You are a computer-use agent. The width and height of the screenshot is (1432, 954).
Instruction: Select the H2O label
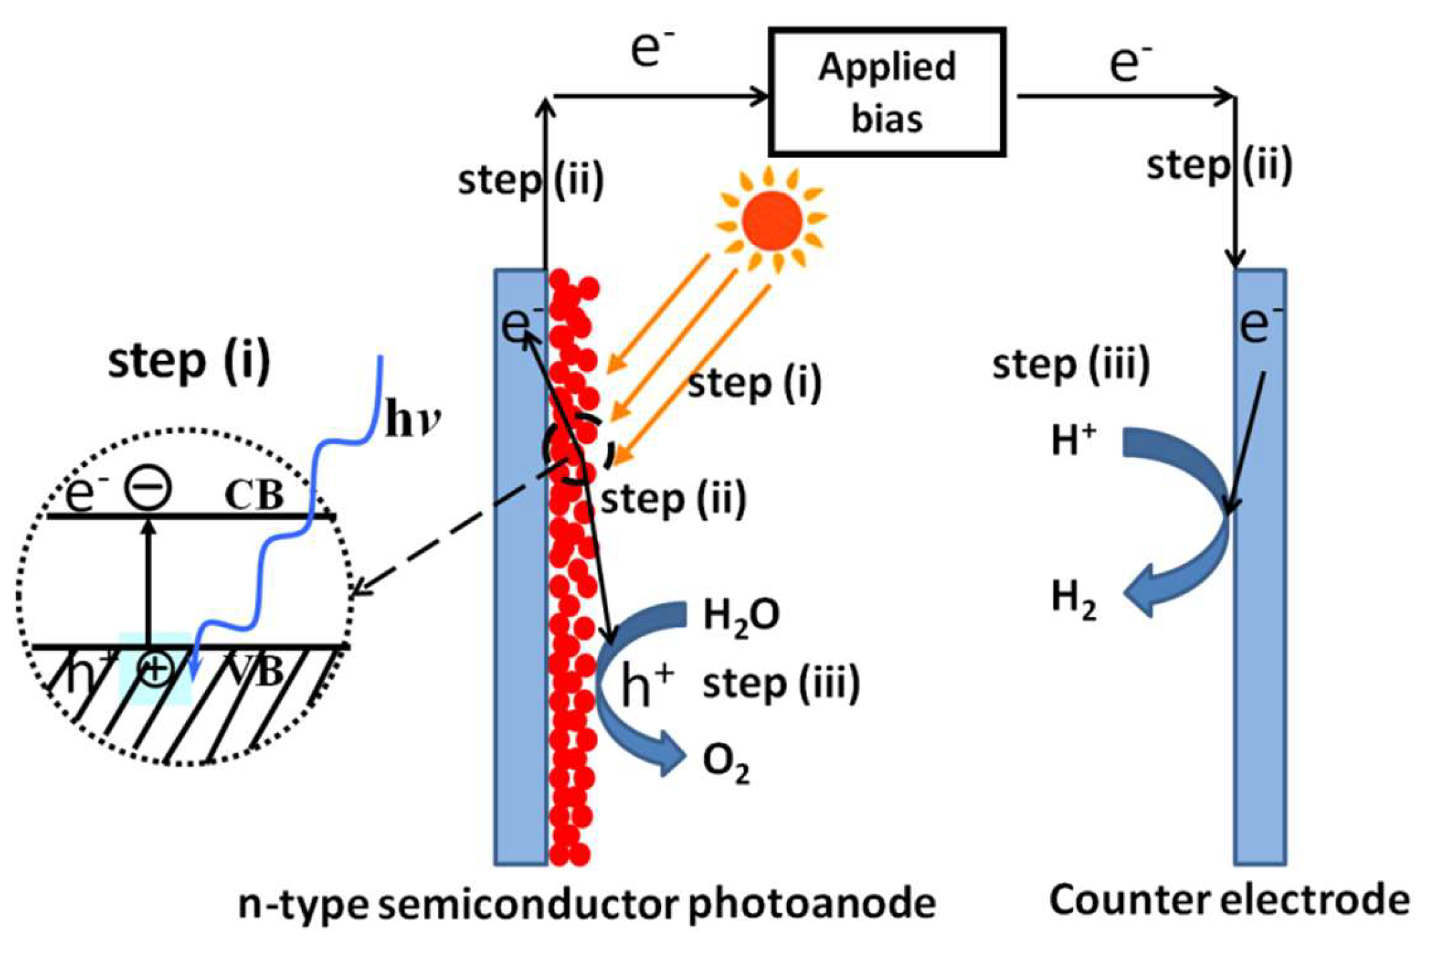pyautogui.click(x=741, y=616)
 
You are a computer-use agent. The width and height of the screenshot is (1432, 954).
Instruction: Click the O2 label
pyautogui.click(x=725, y=764)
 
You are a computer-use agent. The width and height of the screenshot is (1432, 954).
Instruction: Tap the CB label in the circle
pyautogui.click(x=255, y=496)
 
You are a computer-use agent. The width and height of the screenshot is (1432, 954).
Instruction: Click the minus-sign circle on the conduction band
pyautogui.click(x=148, y=487)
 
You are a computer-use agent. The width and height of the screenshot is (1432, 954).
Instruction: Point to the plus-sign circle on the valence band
pyautogui.click(x=155, y=669)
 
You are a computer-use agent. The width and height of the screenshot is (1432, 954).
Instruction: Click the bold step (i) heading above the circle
pyautogui.click(x=190, y=361)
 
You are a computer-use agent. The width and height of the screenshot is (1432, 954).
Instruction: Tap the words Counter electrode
pyautogui.click(x=1230, y=900)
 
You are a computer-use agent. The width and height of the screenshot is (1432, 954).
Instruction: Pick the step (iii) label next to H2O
pyautogui.click(x=781, y=684)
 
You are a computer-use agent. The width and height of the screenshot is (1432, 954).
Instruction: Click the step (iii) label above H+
pyautogui.click(x=1071, y=365)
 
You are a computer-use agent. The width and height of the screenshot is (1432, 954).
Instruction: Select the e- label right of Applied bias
pyautogui.click(x=1131, y=64)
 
